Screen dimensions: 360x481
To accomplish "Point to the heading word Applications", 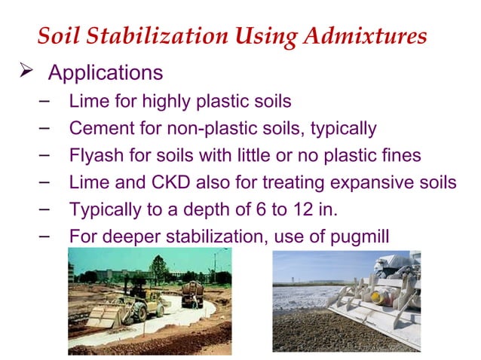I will tap(105, 74).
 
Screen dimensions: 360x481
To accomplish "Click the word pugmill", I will tap(359, 238).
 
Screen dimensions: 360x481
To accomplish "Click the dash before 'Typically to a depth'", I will tap(44, 209).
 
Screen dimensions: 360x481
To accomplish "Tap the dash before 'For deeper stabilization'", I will tap(44, 236).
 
